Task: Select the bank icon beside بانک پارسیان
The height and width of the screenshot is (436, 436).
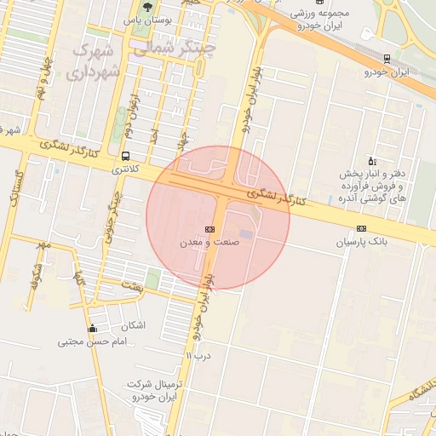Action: (x=362, y=228)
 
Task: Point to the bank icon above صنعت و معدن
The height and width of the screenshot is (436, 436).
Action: (x=209, y=229)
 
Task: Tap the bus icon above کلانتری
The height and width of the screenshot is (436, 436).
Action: (x=126, y=156)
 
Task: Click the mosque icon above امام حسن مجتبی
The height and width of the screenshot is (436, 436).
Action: (x=92, y=329)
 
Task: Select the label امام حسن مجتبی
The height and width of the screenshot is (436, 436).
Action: (x=92, y=342)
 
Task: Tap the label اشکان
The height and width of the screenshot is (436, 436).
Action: (x=134, y=326)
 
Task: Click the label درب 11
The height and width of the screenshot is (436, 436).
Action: (x=198, y=354)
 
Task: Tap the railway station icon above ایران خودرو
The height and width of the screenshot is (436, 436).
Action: (x=387, y=59)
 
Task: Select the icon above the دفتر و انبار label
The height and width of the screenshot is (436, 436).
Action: (x=371, y=160)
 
